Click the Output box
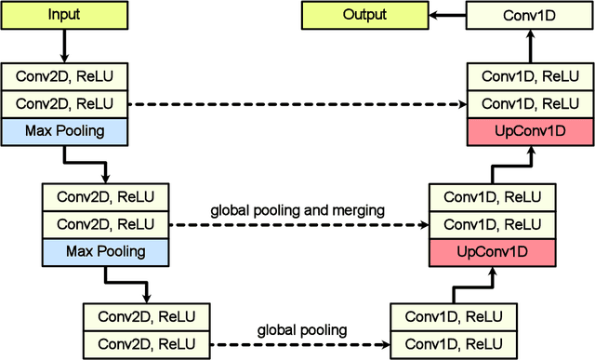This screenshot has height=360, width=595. coord(364,15)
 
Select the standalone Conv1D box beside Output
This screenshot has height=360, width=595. coord(529,15)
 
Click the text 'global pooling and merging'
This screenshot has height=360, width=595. coord(297,210)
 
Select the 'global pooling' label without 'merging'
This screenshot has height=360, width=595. coord(301,329)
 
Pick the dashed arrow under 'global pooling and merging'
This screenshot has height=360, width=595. coord(297,224)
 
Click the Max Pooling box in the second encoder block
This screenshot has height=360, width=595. coord(106,251)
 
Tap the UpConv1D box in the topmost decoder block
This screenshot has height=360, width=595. coord(529,131)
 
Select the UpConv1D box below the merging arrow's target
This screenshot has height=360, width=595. coord(493,251)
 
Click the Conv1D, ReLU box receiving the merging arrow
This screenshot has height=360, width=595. coord(493,224)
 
